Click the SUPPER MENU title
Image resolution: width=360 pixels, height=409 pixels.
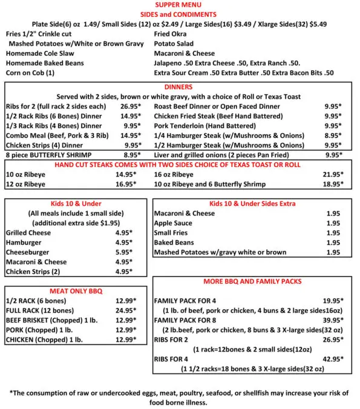point(180,5)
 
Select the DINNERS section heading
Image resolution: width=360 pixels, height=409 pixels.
point(180,87)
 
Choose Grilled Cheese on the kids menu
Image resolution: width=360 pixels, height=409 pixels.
point(30,232)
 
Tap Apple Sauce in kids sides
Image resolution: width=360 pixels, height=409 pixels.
point(173,223)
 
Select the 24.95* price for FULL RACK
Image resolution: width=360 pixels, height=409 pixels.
point(126,310)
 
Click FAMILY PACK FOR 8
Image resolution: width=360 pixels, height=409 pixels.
point(194,319)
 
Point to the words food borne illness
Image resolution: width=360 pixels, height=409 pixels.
point(180,402)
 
